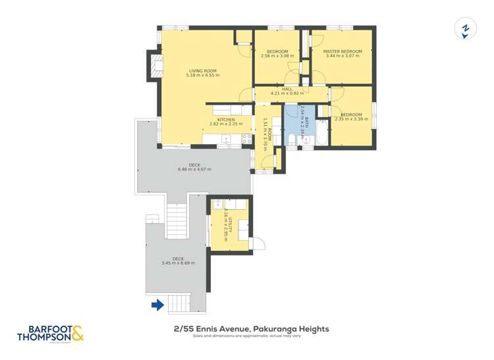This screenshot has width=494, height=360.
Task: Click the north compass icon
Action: [466, 30]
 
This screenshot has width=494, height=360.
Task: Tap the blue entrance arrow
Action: [157, 305]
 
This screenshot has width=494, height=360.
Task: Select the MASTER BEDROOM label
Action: [343, 51]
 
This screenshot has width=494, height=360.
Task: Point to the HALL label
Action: [287, 89]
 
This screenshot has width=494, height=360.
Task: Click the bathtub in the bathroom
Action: [322, 134]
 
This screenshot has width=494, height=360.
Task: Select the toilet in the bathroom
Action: [292, 139]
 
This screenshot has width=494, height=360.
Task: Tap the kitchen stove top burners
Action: [248, 139]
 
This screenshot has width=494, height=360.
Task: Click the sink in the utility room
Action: [218, 204]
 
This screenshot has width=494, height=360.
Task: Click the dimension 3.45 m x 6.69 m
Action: [178, 263]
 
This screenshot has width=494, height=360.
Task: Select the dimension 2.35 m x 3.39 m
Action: [351, 119]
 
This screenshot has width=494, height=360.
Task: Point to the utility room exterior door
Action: [258, 243]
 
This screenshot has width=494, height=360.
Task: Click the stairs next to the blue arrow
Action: [178, 303]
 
